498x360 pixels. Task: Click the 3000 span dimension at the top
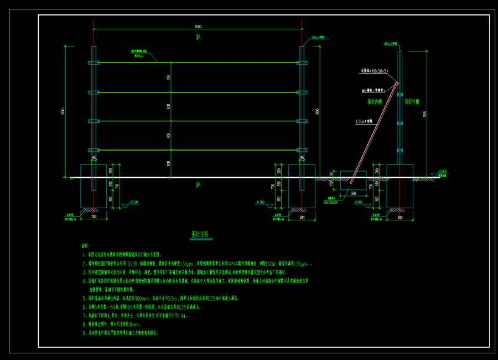click(x=198, y=27)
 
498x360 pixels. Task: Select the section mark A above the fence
click(x=198, y=37)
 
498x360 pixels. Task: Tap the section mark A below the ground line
click(x=198, y=184)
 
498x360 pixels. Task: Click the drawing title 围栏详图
click(x=199, y=234)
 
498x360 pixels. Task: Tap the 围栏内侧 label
click(x=375, y=102)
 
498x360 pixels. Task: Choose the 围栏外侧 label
click(x=412, y=102)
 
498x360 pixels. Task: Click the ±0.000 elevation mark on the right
click(x=442, y=172)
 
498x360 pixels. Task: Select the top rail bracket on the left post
click(x=94, y=63)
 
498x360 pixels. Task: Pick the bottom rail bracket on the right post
click(x=302, y=150)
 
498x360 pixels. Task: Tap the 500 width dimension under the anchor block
click(x=353, y=194)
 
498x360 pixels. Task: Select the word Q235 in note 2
click(x=134, y=265)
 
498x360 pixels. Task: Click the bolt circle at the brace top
click(x=397, y=84)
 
